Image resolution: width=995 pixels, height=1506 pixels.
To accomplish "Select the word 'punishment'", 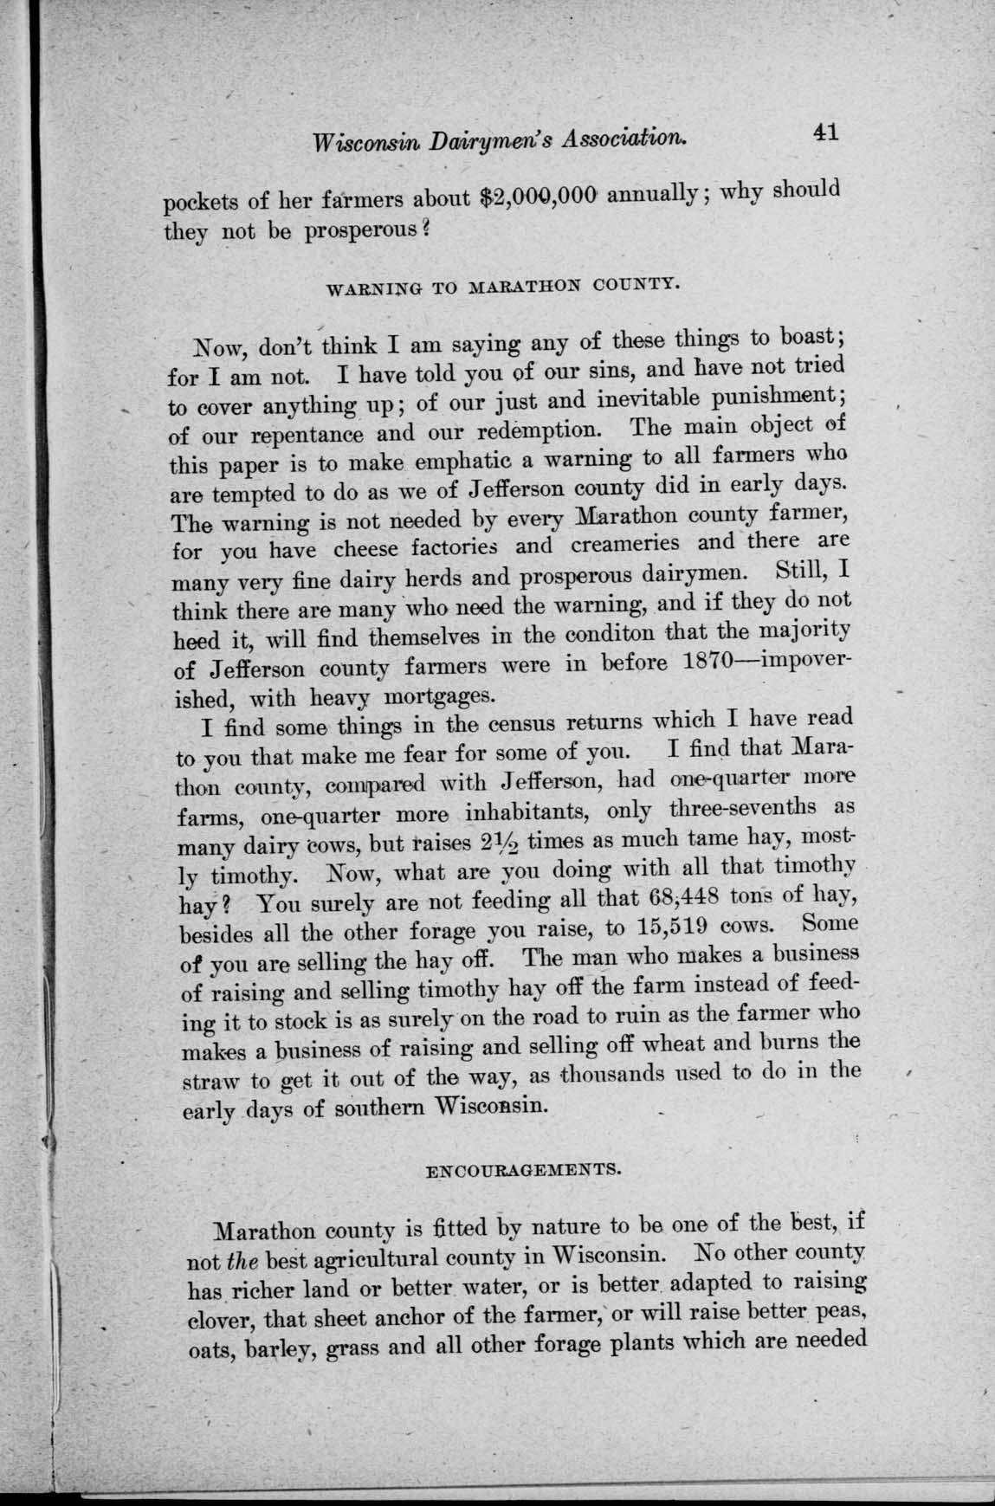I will (761, 397).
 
